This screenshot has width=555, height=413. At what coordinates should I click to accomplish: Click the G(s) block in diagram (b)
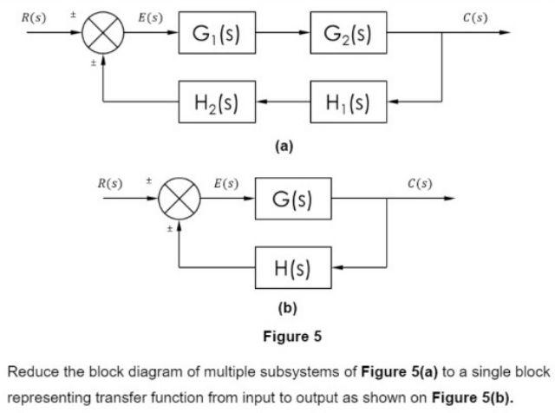[292, 199]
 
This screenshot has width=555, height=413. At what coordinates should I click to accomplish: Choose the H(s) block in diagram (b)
[292, 267]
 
